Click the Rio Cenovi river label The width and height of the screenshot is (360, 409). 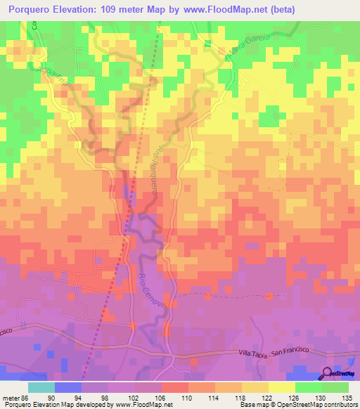click(x=150, y=289)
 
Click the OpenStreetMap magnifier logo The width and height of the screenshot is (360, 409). click(x=327, y=375)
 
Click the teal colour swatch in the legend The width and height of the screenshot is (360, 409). click(x=41, y=387)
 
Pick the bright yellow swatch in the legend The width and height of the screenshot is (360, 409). click(x=281, y=387)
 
